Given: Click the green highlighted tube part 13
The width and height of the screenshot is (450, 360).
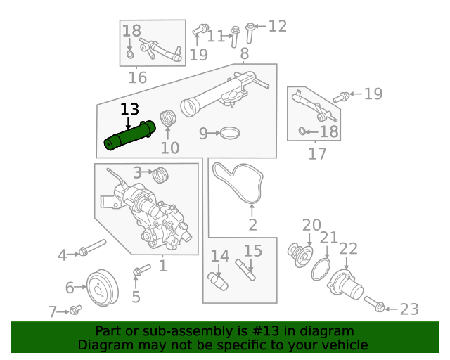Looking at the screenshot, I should tap(129, 136).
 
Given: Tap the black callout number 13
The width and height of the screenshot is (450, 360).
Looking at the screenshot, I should tap(130, 110).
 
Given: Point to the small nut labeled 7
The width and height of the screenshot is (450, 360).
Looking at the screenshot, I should tap(76, 309).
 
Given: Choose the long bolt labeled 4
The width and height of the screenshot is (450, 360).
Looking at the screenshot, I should tap(91, 247).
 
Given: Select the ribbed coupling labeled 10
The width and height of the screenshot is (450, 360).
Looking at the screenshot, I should tap(167, 119).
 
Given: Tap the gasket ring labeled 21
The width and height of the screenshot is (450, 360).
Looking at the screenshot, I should tap(320, 269).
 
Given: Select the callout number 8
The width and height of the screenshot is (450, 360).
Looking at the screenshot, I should tap(244, 54).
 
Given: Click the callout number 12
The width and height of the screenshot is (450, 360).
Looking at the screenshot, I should tap(278, 27).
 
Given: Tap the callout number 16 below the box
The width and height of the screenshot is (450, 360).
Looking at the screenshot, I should tap(137, 77).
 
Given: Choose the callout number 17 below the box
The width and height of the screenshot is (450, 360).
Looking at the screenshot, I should tap(318, 153).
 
